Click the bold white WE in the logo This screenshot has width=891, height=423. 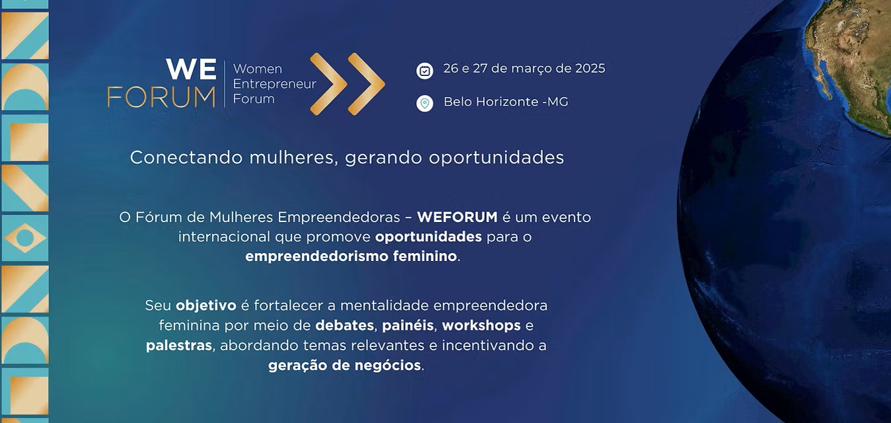point(192,69)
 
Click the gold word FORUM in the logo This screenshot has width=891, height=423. point(161,98)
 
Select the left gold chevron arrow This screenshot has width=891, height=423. point(328,84)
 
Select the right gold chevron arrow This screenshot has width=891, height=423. point(367,84)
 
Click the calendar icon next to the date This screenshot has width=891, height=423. point(425,71)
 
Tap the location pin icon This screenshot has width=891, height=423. point(425,104)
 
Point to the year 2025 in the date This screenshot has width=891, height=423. point(590,69)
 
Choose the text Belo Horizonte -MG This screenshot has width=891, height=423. point(506,102)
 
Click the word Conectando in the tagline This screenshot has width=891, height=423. point(186,157)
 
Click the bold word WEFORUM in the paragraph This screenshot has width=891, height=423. point(457,217)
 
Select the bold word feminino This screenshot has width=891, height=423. point(425,256)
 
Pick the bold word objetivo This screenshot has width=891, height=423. point(206,306)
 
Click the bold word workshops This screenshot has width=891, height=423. point(481,325)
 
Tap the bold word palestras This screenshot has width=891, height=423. point(178,346)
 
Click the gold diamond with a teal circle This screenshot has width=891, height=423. point(25,238)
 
